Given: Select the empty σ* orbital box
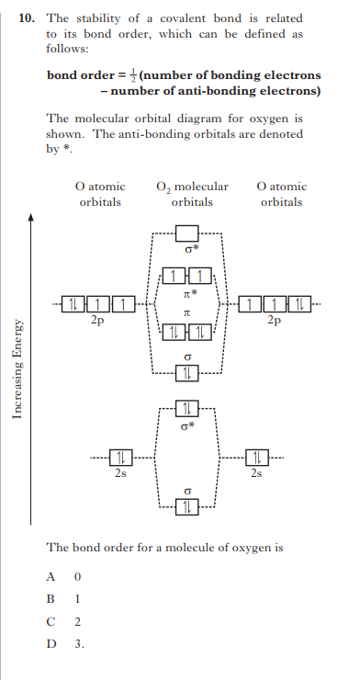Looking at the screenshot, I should click(x=186, y=233).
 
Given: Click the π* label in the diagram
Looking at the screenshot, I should click(x=186, y=292).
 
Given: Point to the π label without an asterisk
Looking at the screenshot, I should click(x=186, y=313).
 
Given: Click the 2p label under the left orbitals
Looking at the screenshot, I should click(x=96, y=322).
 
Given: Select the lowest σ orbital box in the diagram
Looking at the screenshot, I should click(x=186, y=508).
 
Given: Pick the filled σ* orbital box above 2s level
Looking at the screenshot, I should click(x=186, y=408).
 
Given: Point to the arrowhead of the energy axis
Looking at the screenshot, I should click(x=30, y=218).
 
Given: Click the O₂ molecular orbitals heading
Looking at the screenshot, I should click(x=192, y=194).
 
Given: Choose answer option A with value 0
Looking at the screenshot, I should click(x=64, y=576).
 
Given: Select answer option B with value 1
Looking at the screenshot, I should click(x=64, y=598).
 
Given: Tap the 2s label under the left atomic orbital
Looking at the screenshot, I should click(x=120, y=474).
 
